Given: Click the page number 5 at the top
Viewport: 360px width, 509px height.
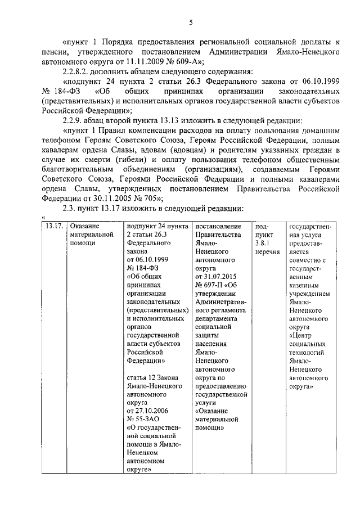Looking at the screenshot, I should point(191,22).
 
